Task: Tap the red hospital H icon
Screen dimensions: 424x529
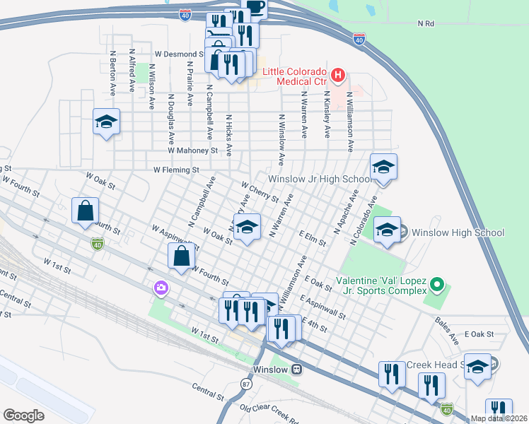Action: (338, 73)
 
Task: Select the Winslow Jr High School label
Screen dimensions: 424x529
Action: (319, 179)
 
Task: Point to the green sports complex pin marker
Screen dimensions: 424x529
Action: (437, 285)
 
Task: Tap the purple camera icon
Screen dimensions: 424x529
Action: (161, 288)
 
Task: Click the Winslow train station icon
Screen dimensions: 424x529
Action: (298, 370)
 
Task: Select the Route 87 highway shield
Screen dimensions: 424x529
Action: (246, 384)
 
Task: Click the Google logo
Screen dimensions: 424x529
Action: (23, 416)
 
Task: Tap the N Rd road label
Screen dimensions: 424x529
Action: (425, 23)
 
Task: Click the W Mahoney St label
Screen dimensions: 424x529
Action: (192, 151)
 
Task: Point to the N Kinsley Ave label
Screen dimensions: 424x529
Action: (327, 113)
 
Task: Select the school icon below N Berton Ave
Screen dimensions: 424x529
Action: (106, 123)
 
